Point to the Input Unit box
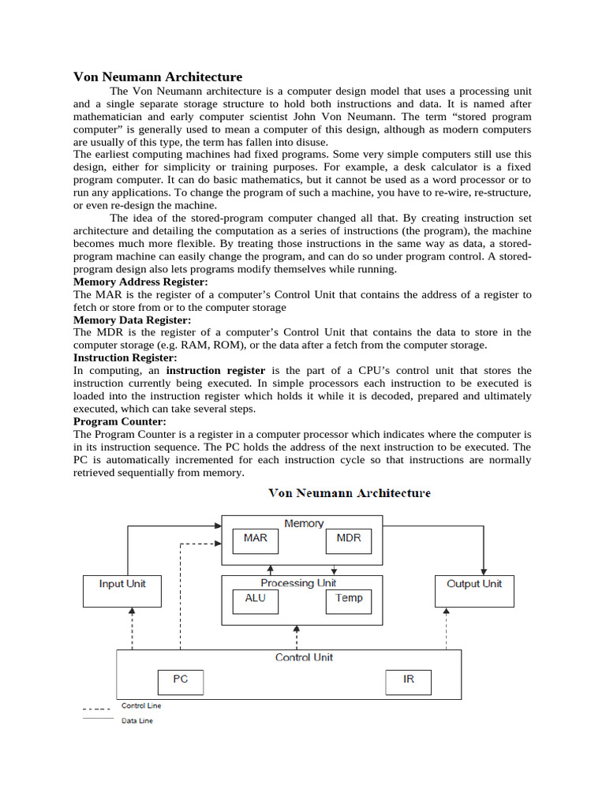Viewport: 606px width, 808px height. point(122,590)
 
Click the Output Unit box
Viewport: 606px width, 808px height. point(474,590)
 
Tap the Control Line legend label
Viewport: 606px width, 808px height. point(141,705)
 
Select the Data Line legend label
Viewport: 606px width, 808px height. point(137,720)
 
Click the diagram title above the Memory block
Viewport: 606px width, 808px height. point(350,493)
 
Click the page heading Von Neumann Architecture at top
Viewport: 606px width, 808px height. point(158,77)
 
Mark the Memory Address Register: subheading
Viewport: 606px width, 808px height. point(140,282)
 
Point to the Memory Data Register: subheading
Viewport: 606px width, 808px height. point(132,320)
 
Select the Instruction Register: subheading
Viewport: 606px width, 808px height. point(125,357)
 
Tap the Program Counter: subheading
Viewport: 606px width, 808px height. point(120,421)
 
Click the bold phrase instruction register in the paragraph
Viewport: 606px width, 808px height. point(215,370)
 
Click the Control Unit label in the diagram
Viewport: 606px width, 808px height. point(304,657)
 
